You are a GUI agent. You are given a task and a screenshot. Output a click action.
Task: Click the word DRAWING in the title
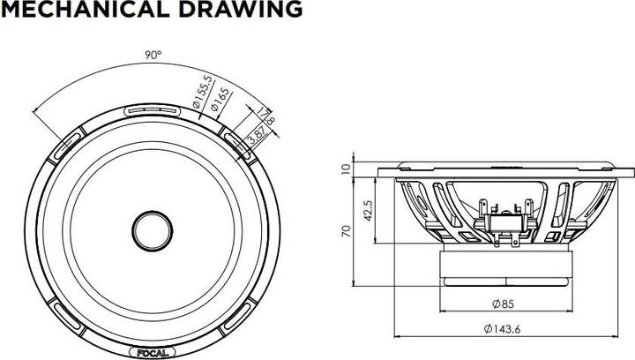241,9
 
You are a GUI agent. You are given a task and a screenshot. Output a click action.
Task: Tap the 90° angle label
153,55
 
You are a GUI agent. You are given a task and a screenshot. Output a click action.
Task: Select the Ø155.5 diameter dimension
203,93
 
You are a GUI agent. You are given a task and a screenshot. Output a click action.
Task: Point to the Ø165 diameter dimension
220,100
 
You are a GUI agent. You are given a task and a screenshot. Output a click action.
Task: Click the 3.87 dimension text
258,135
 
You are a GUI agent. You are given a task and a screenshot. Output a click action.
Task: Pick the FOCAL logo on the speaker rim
153,353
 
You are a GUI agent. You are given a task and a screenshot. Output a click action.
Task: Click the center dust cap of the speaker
153,231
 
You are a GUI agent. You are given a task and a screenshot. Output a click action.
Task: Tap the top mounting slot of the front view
152,110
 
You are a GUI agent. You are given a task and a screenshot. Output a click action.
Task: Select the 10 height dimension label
345,169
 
